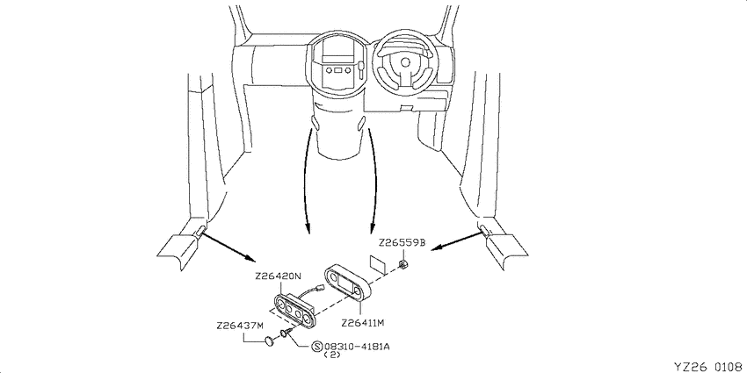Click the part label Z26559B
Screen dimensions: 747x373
click(x=403, y=243)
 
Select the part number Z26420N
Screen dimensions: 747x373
click(x=279, y=276)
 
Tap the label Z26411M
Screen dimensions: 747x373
click(x=363, y=323)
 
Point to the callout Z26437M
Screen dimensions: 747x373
click(x=239, y=326)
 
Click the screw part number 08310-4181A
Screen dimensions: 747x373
click(x=357, y=347)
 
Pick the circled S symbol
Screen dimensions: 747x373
click(x=317, y=347)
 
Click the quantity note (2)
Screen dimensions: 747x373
click(x=332, y=355)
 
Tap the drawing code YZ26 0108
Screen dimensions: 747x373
click(x=709, y=366)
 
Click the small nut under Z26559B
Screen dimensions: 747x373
click(x=403, y=264)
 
